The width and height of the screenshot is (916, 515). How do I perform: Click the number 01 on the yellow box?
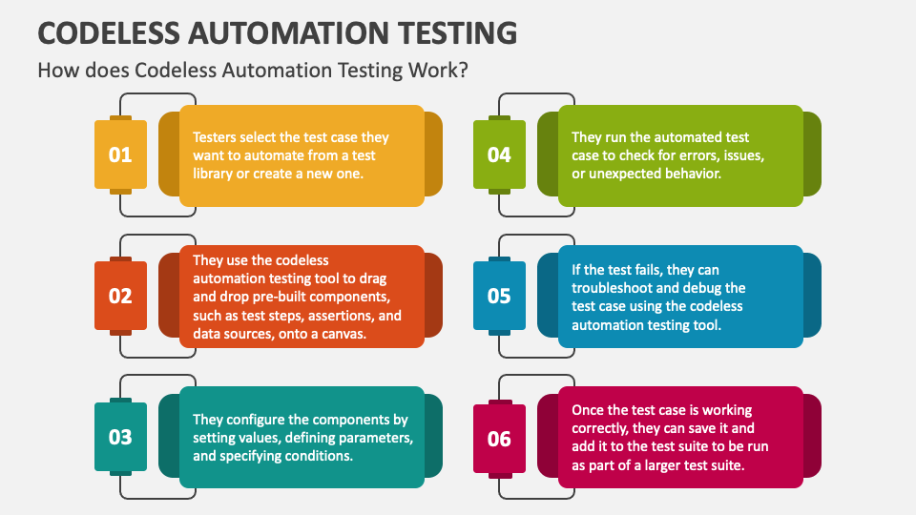coord(120,154)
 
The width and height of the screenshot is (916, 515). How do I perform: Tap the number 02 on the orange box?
coord(120,296)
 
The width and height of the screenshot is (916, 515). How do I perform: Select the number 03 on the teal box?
coord(120,438)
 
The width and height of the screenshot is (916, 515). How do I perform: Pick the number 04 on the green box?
coord(499,154)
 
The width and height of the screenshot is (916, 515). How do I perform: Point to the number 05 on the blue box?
coord(499,296)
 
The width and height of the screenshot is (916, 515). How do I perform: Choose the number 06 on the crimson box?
coord(499,439)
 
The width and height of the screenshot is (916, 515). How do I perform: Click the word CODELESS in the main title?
coord(109,32)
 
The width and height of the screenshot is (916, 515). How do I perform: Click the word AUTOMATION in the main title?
coord(289,32)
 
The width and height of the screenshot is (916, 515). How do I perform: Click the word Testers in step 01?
coord(215,137)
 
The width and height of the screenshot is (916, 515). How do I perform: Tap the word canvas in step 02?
coord(343,334)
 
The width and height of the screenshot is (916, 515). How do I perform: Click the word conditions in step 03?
coord(323,456)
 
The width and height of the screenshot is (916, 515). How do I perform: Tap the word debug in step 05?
coord(699,288)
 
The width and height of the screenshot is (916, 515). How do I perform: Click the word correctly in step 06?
coord(599,428)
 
